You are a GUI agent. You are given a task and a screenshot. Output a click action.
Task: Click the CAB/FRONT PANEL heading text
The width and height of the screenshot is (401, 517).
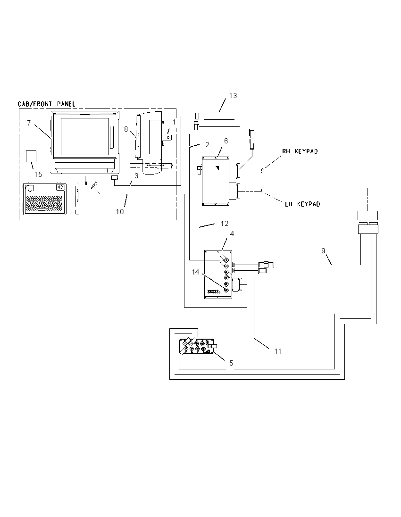pyautogui.click(x=47, y=104)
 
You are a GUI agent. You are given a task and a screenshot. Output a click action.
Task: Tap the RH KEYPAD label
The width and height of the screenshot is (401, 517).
pyautogui.click(x=300, y=151)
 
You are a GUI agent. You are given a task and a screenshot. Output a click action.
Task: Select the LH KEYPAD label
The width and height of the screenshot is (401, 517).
pyautogui.click(x=302, y=204)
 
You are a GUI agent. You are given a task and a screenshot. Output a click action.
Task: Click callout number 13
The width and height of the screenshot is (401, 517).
pyautogui.click(x=233, y=96)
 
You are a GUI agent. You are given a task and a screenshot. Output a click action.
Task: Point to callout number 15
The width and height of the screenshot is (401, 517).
pyautogui.click(x=38, y=175)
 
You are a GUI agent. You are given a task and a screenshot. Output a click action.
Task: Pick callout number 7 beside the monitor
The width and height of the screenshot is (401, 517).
pyautogui.click(x=29, y=123)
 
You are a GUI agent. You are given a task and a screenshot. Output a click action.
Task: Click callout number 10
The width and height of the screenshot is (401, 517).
pyautogui.click(x=120, y=212)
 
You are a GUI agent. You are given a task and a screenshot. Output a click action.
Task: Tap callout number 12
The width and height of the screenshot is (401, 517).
pyautogui.click(x=225, y=224)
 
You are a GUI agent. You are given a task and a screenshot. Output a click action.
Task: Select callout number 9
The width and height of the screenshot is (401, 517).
pyautogui.click(x=323, y=251)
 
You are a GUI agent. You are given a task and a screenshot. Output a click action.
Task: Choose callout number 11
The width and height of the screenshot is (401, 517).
pyautogui.click(x=278, y=351)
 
